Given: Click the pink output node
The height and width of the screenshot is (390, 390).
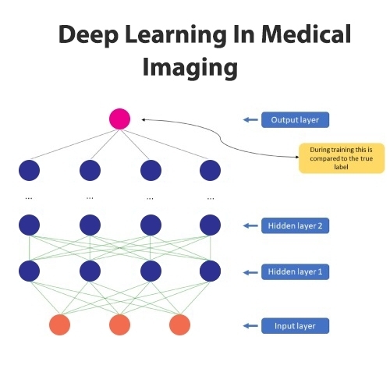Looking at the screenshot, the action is coord(119,119).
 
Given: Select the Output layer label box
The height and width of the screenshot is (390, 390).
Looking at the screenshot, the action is coord(295,120).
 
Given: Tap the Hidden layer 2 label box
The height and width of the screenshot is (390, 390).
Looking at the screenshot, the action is coord(295,225).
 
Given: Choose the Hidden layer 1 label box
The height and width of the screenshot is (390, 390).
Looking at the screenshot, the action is coord(295,272).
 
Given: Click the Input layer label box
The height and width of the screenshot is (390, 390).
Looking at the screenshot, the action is coord(295,326).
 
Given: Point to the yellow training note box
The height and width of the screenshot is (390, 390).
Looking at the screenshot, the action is coord(342,158).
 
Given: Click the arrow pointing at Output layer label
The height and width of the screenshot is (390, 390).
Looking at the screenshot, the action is coord(250,119).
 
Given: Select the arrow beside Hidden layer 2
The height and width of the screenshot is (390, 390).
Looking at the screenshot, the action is coord(250,225).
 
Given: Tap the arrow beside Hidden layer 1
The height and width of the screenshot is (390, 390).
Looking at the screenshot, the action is coord(250,272).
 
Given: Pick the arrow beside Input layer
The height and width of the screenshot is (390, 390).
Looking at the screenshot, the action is coord(250,326).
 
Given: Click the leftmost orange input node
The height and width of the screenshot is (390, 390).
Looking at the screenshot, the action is coord(60,324).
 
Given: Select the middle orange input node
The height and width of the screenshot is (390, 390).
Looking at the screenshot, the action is coord(119,324).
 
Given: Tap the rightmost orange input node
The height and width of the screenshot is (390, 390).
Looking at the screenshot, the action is coord(179,324).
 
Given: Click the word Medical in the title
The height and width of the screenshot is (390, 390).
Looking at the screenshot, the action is coord(307,34).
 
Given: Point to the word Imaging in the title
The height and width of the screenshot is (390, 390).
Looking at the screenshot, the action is coord(190,68).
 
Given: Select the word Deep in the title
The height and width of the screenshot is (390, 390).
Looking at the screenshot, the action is coord(88,35).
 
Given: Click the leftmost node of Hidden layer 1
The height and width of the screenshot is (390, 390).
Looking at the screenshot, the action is coord(29,271).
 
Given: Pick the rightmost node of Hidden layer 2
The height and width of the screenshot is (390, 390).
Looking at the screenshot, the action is coord(210,225).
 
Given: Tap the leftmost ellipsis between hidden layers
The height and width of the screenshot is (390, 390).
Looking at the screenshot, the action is coord(29,199).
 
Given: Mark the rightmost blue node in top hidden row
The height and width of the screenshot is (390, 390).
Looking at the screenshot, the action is coord(210,170).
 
